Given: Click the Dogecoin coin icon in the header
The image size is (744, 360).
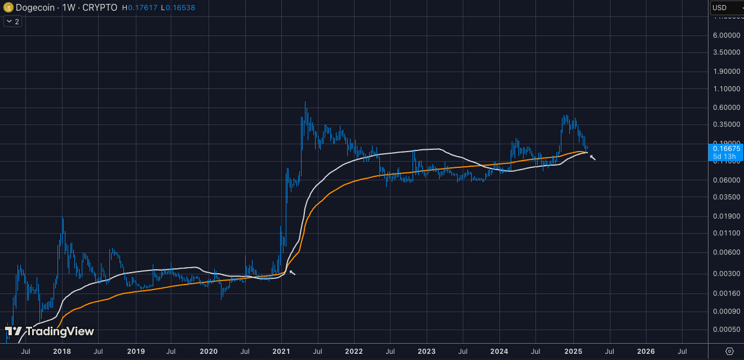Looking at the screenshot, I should point(8,8).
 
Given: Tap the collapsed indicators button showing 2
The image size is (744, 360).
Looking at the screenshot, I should point(12,21).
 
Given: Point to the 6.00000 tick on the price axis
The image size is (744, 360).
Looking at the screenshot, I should point(727,35).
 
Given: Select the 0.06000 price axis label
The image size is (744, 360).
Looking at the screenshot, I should point(727,180).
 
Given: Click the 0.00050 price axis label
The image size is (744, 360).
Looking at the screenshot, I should point(727,330).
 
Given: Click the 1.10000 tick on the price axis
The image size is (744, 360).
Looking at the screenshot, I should point(727,89).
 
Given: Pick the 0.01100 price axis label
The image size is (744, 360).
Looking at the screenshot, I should point(727,233).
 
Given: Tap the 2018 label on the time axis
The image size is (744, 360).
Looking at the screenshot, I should point(62,352).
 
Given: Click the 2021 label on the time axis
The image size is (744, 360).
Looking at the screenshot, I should point(281,352).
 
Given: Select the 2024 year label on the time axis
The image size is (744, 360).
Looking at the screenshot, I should point(500,352).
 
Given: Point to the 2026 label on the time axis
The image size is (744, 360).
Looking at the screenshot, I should point(645,352).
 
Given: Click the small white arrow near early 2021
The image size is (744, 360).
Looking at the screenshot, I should point(292,273).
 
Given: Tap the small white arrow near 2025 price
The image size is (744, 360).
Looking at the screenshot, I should point(592,157).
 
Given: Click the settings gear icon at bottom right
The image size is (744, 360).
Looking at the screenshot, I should point(729,351).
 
